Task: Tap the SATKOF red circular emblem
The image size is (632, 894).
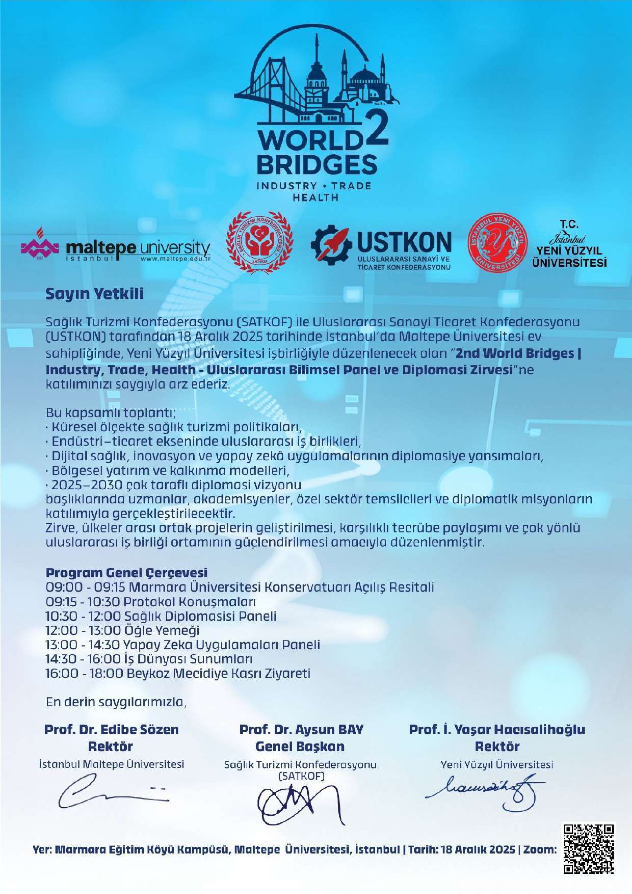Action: tap(260, 244)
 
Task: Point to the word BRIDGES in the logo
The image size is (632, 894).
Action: tap(316, 165)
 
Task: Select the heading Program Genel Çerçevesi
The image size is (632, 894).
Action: tap(127, 572)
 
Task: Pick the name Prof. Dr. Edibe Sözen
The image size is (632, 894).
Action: tap(112, 729)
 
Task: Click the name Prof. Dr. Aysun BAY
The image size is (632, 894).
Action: tap(301, 729)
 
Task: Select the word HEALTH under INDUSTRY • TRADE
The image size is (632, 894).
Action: tap(315, 197)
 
